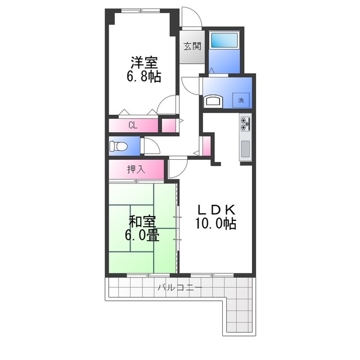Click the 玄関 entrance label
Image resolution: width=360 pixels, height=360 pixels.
coord(192,47)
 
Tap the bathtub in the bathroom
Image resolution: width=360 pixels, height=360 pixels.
coord(224,40)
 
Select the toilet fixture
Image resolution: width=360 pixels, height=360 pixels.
coord(118,146)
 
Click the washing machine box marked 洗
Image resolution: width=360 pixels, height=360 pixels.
coord(241,100)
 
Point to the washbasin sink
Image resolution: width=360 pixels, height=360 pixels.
coord(213,102)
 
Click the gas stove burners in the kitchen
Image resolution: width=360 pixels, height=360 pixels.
coord(245,124)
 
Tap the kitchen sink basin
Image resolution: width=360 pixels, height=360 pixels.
coord(245,149)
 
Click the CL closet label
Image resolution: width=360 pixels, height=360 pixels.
coord(133,125)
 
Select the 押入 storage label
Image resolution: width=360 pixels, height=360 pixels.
coord(136,169)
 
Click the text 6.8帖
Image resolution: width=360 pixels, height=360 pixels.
coord(144,76)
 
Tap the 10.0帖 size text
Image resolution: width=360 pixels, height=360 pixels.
coord(216,223)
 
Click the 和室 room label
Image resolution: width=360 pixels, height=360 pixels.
coord(142,222)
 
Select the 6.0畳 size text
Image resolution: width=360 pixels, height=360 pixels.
coord(142,235)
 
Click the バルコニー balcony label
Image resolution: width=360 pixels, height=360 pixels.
coord(180,287)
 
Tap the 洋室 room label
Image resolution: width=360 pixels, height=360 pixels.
coord(144,62)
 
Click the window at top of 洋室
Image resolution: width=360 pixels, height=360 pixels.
coord(141,11)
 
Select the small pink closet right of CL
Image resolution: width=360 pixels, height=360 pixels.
coord(169,125)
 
